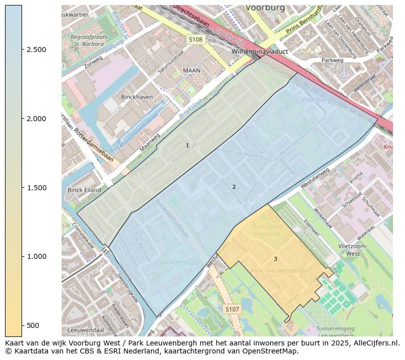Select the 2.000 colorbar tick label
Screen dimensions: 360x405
[37, 119]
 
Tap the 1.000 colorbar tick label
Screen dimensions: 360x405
[37, 256]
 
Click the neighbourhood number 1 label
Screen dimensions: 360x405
[187, 145]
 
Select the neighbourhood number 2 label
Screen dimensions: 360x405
[233, 187]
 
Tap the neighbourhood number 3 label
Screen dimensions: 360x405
[275, 259]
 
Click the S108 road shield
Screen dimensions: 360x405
[196, 39]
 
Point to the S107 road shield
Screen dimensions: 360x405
[232, 309]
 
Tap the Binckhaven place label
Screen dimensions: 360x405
[137, 97]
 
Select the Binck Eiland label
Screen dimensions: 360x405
[84, 190]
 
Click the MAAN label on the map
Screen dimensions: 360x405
[191, 71]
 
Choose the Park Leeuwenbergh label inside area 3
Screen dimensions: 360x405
[278, 270]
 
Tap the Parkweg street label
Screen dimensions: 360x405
[332, 60]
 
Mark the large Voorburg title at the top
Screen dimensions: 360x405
[265, 8]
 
